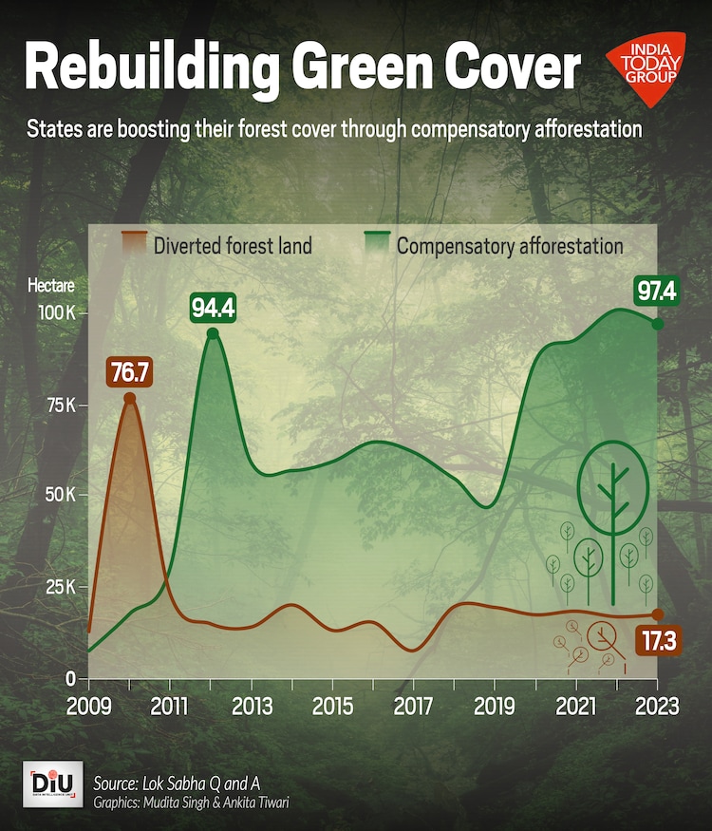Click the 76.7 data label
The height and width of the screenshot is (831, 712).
pos(129,372)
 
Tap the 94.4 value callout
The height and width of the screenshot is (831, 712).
pos(213,308)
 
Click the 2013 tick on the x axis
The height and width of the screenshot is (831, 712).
pos(252,708)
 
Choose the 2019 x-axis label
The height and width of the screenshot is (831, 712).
pos(495,708)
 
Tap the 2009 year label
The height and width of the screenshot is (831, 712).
pos(89,708)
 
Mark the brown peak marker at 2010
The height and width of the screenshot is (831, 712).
pos(130,399)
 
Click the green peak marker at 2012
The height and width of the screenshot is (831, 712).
pos(213,333)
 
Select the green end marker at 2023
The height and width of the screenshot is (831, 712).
pos(657,324)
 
